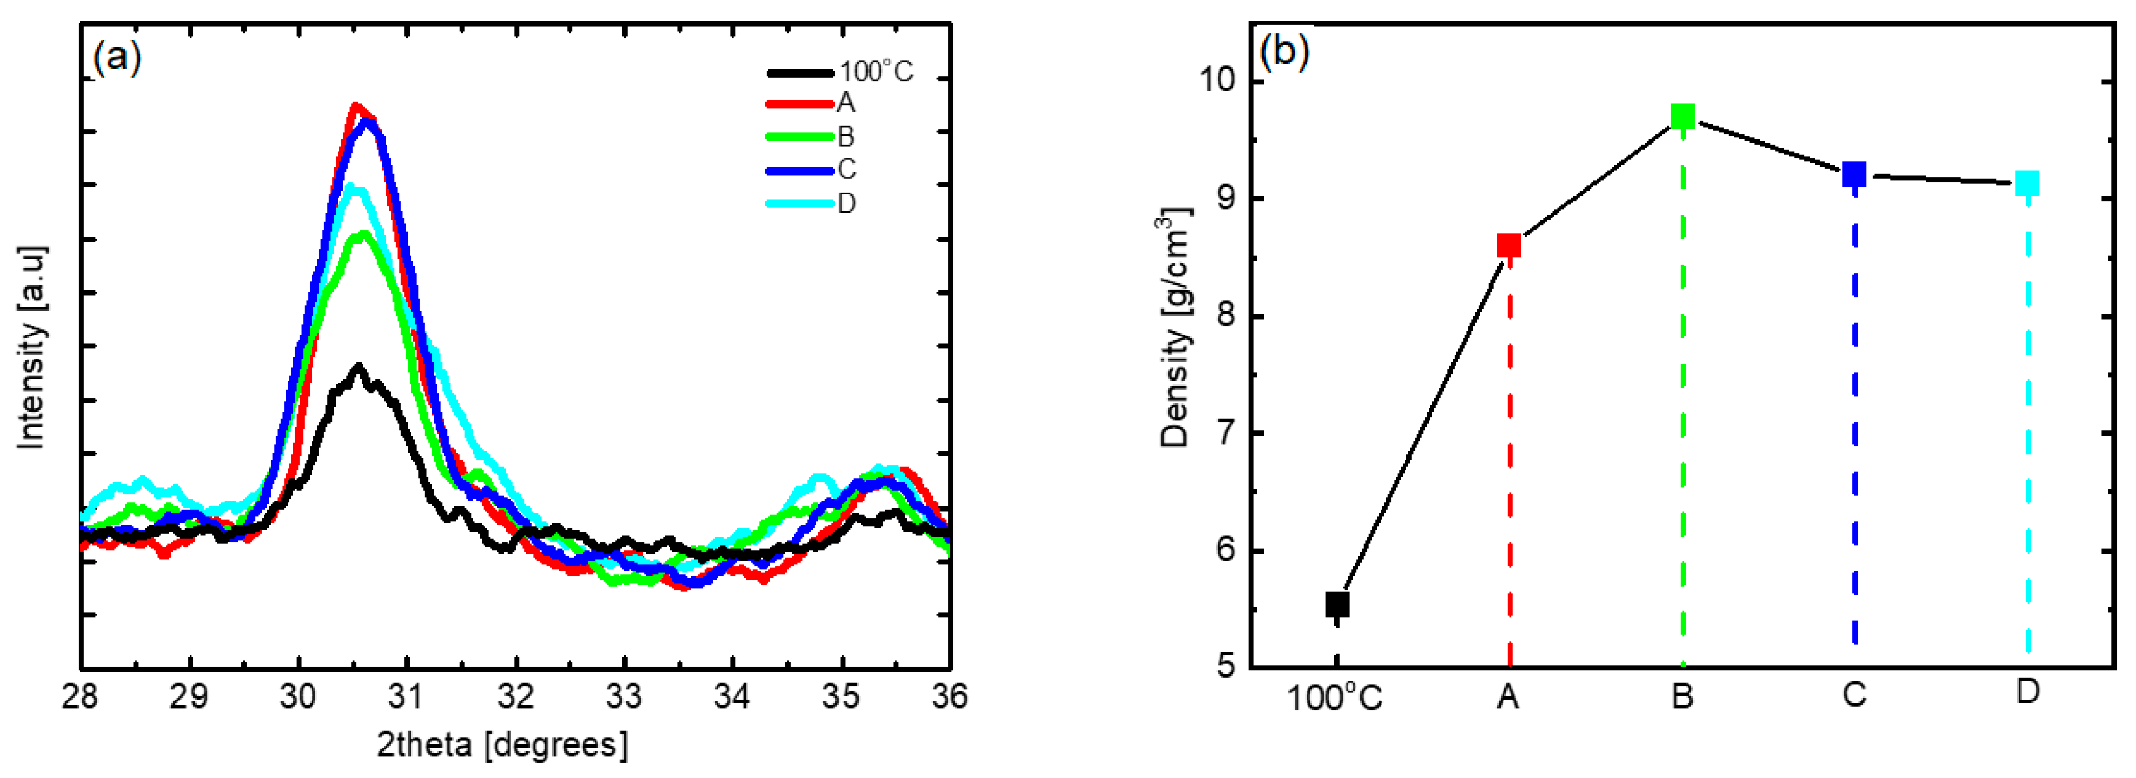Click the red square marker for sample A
1508,246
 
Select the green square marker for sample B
1682,116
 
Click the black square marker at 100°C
1336,605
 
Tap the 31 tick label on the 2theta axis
406,697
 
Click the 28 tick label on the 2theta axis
80,697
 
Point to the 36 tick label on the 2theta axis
950,697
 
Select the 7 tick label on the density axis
1225,432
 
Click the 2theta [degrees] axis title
502,744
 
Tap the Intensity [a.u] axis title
32,348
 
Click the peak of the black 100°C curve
358,366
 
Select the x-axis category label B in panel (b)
1682,696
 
